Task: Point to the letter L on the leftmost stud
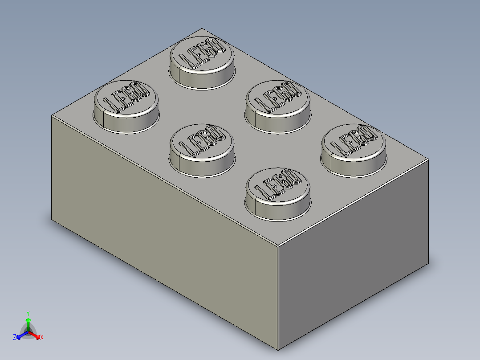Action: tap(108, 105)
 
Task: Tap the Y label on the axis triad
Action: tap(28, 313)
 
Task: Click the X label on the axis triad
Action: tap(42, 338)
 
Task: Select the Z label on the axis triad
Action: tap(15, 338)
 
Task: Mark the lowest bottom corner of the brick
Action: tap(278, 350)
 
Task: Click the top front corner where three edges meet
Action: tap(278, 245)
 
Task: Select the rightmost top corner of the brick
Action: tap(429, 159)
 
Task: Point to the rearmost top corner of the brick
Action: tap(201, 28)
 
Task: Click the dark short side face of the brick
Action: tap(354, 254)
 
